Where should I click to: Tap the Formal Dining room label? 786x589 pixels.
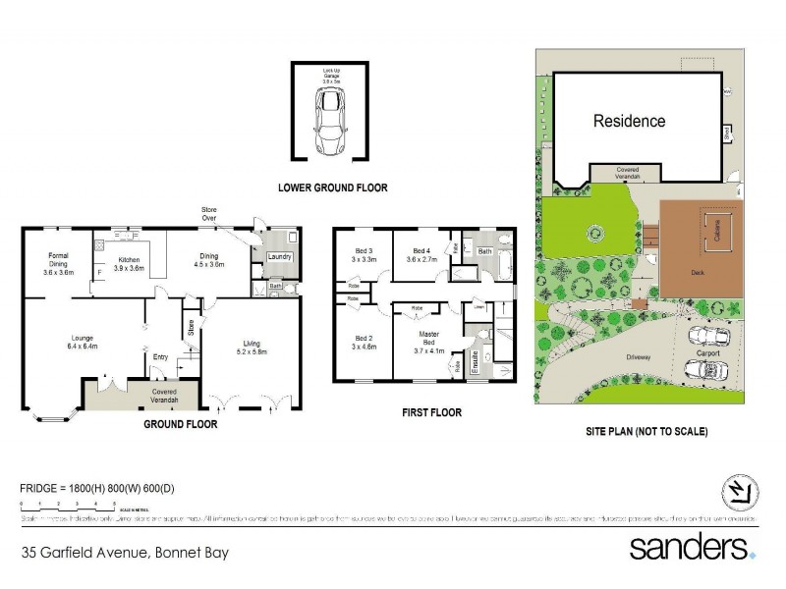click(58, 264)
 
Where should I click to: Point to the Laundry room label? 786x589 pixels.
click(279, 257)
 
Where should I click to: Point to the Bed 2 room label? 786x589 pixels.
click(365, 341)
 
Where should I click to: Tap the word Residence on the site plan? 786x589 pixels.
click(629, 122)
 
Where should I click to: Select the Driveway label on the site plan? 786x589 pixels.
click(638, 357)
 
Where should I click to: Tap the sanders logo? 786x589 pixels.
click(692, 547)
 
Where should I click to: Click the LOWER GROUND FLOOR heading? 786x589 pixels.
click(332, 187)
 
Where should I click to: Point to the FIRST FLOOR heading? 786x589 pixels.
click(431, 412)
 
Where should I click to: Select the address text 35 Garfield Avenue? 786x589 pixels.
click(125, 553)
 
